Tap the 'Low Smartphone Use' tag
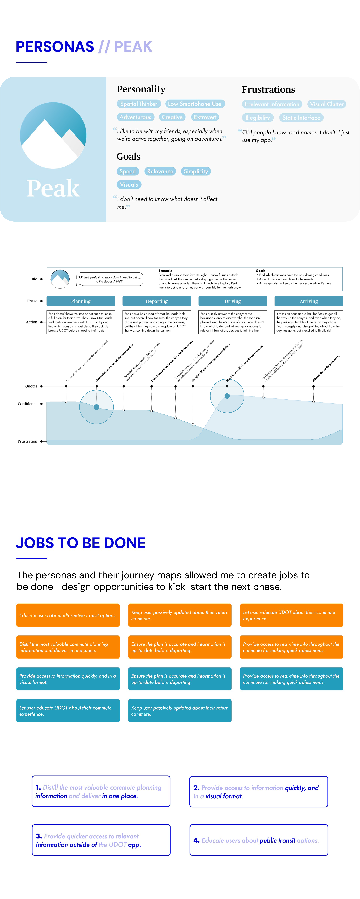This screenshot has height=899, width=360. pyautogui.click(x=195, y=104)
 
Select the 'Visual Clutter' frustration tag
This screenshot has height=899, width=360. pyautogui.click(x=327, y=104)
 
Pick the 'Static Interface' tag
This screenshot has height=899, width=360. pyautogui.click(x=301, y=118)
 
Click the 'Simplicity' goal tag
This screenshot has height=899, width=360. pyautogui.click(x=196, y=171)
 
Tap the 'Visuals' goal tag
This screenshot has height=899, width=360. pyautogui.click(x=129, y=185)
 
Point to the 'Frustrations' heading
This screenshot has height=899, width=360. pyautogui.click(x=268, y=90)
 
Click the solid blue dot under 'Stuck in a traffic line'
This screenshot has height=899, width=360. pyautogui.click(x=227, y=396)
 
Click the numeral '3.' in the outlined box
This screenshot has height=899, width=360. pyautogui.click(x=39, y=836)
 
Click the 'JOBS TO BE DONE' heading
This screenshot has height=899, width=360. pyautogui.click(x=81, y=543)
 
